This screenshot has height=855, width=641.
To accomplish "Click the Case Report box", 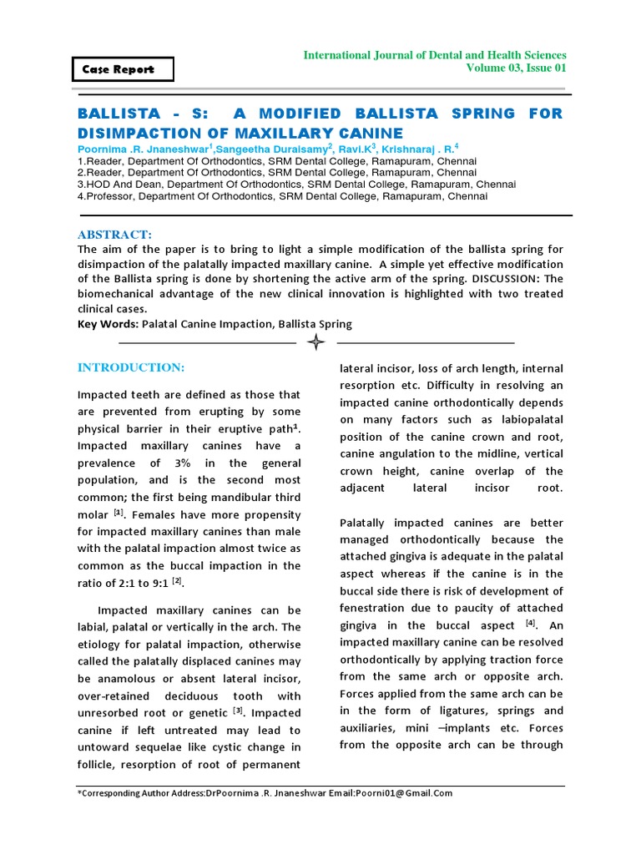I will (124, 69).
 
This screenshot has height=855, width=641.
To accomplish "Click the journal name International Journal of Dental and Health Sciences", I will (434, 54).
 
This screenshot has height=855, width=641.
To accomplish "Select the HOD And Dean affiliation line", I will (296, 185).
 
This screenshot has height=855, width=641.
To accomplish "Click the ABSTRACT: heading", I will (115, 235).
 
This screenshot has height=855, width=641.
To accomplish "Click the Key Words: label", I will (108, 324).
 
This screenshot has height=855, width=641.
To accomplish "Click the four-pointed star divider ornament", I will (316, 342).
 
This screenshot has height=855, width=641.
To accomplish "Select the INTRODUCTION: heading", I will (131, 367).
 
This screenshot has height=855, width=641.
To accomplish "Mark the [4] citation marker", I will (530, 623).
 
